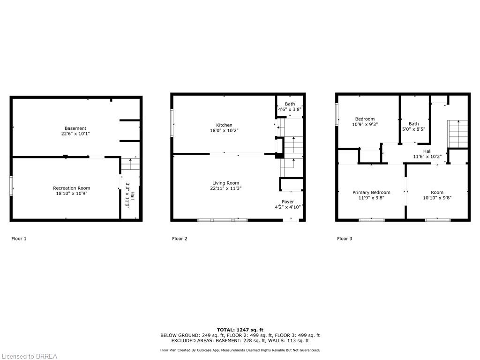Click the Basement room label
(x=75, y=128)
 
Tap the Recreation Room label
(x=71, y=188)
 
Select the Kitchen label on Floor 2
(x=224, y=125)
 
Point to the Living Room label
(x=226, y=183)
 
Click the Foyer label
(x=288, y=202)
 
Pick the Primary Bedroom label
(x=371, y=193)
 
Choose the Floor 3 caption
(x=345, y=239)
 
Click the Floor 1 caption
(x=19, y=239)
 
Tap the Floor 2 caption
(x=180, y=239)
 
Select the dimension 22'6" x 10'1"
(x=75, y=134)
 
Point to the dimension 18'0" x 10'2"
(x=224, y=131)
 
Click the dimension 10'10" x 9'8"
(x=437, y=198)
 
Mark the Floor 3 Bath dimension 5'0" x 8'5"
(x=413, y=129)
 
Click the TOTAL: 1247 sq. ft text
(x=240, y=330)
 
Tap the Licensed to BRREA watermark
(x=29, y=356)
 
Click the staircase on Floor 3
(x=458, y=134)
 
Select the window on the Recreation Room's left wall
(x=11, y=185)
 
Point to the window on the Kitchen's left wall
(x=172, y=123)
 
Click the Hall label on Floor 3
(x=427, y=151)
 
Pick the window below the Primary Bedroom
(x=372, y=220)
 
